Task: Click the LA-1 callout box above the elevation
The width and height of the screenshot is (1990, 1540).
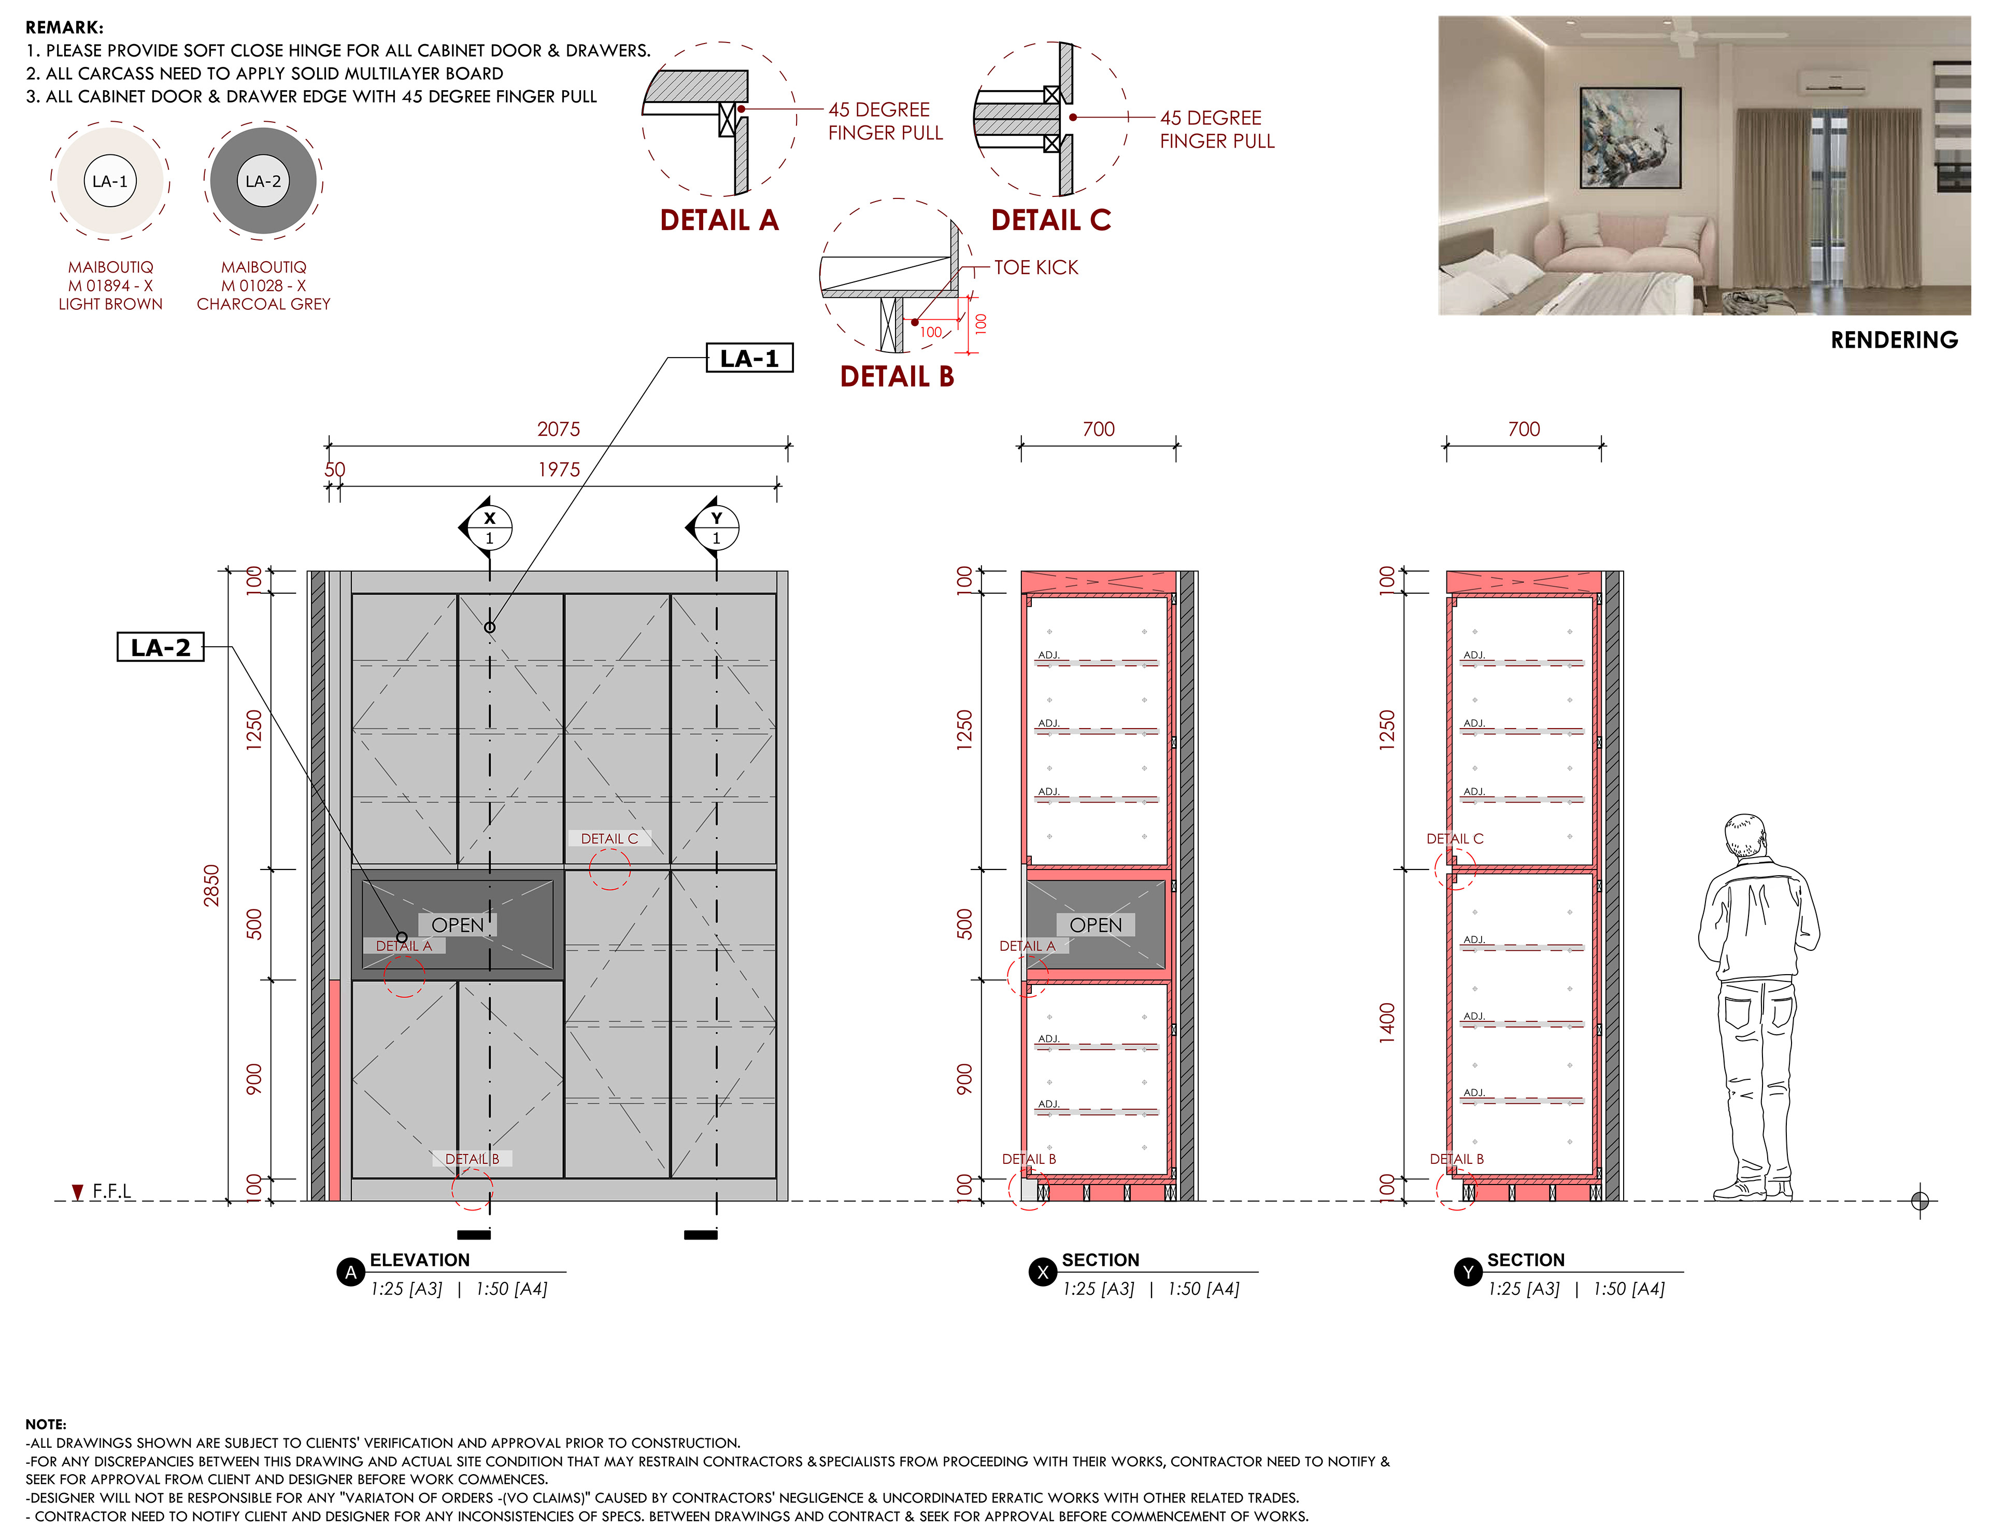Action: (x=749, y=358)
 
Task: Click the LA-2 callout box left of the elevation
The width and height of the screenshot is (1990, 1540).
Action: (x=160, y=647)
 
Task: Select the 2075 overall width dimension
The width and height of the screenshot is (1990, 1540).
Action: (x=559, y=429)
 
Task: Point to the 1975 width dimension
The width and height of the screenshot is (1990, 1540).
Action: (x=559, y=469)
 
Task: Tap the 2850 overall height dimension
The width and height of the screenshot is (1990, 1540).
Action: (x=211, y=885)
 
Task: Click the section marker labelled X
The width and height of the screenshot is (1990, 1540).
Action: (x=488, y=527)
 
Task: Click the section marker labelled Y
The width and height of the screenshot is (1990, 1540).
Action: (x=714, y=527)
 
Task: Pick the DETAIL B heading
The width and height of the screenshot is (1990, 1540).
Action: (x=897, y=376)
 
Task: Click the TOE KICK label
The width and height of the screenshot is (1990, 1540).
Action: (x=1036, y=267)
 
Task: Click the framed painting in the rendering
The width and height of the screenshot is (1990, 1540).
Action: (x=1630, y=138)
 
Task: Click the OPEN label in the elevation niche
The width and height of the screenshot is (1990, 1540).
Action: (x=458, y=925)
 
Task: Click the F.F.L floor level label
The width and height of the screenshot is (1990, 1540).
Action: (x=111, y=1191)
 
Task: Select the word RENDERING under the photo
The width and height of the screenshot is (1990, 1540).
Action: (x=1894, y=340)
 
